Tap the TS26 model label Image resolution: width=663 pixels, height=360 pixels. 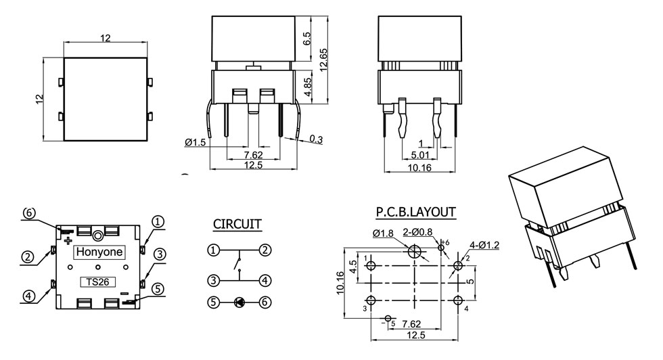(95, 282)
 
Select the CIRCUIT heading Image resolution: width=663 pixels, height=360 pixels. (237, 224)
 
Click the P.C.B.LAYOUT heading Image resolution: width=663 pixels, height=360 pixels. (415, 212)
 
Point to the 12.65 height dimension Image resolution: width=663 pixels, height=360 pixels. (324, 59)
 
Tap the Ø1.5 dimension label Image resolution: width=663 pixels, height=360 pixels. (195, 142)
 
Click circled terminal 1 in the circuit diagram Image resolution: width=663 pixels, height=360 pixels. (213, 250)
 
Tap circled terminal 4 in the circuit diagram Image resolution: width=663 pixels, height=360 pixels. (265, 279)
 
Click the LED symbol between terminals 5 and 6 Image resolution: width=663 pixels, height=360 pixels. (239, 302)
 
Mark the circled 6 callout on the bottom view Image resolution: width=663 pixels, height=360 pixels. (28, 212)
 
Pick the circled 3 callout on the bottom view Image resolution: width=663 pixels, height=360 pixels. (160, 254)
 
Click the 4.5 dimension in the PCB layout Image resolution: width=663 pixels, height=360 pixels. (352, 263)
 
